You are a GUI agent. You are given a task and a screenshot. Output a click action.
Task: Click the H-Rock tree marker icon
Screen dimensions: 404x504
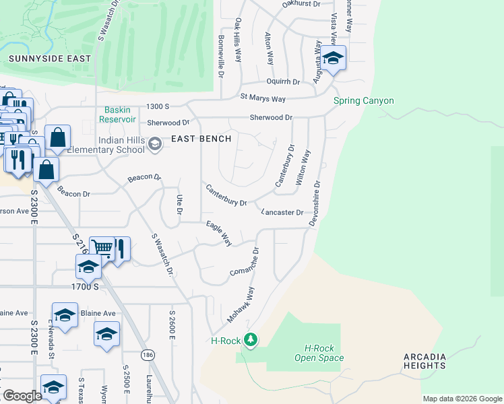click(x=251, y=339)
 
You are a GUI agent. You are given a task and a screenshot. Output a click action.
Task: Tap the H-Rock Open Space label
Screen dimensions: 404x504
click(x=319, y=353)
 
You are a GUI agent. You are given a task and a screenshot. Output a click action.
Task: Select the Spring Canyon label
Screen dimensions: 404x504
click(x=364, y=101)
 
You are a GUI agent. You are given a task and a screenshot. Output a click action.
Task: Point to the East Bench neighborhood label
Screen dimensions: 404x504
click(x=201, y=139)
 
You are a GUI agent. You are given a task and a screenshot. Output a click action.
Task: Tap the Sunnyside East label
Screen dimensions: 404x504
click(x=49, y=59)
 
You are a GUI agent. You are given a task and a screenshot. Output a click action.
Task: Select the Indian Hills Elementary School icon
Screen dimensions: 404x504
click(x=155, y=143)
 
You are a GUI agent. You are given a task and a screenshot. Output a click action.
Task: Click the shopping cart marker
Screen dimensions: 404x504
click(x=102, y=248)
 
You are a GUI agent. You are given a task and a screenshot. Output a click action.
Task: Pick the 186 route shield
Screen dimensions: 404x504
click(x=146, y=354)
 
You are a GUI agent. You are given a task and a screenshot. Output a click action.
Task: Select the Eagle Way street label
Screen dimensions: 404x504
click(x=219, y=233)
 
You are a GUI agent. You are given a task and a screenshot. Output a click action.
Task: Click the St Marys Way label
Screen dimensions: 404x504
click(x=263, y=99)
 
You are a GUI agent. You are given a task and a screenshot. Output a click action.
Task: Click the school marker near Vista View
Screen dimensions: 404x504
click(x=332, y=59)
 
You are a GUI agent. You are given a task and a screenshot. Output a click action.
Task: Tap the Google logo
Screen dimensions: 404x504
click(x=22, y=396)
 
